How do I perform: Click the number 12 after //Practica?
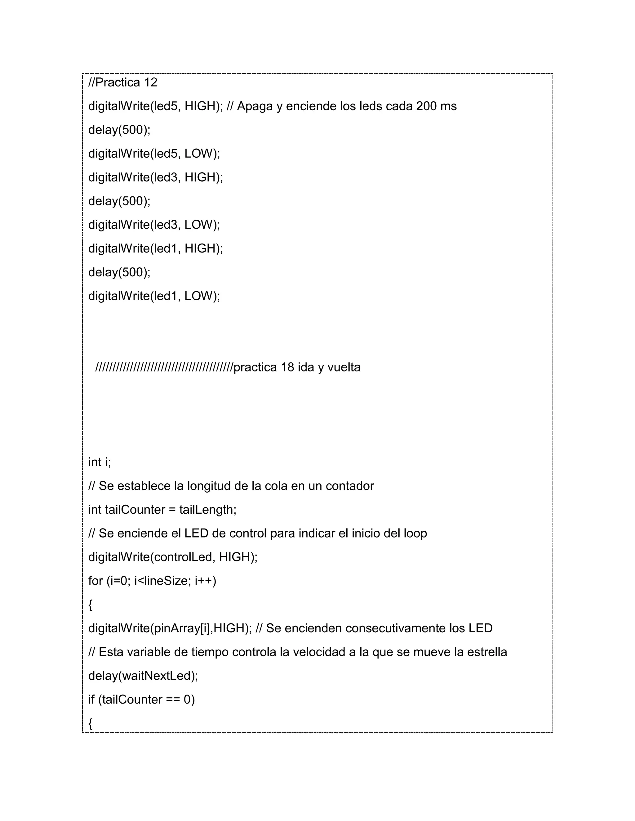coord(150,82)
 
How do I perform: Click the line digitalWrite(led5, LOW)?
coord(154,154)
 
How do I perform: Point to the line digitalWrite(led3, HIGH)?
coord(155,178)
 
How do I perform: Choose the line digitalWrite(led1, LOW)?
coord(154,296)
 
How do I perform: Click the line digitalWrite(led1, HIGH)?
coord(155,248)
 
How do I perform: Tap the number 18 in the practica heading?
coord(287,367)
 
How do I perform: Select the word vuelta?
coord(344,367)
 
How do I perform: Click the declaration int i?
coord(99,462)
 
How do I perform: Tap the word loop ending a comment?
coord(415,534)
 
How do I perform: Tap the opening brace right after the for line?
coord(90,605)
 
